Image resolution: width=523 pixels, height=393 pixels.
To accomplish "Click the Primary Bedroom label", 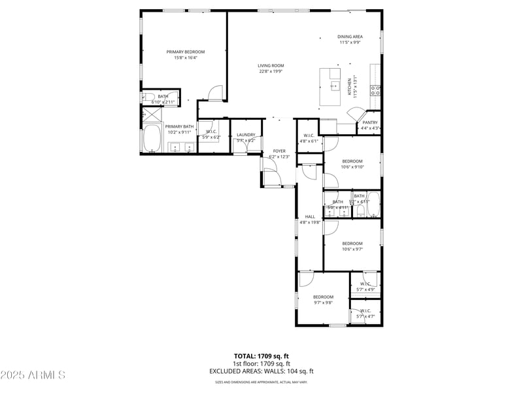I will [186, 52].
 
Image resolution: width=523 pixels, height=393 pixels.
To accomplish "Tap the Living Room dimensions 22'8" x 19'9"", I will [271, 71].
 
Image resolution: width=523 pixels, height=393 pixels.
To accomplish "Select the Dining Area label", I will [350, 37].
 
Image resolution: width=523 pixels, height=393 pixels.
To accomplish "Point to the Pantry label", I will [370, 122].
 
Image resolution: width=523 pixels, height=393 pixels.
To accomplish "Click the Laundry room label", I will [246, 135].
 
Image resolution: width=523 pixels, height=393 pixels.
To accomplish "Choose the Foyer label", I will [279, 151].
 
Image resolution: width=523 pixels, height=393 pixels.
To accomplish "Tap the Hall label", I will [310, 217].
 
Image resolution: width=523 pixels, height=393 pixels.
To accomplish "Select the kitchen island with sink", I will [332, 86].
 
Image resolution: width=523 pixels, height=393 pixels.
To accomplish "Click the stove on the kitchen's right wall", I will [376, 90].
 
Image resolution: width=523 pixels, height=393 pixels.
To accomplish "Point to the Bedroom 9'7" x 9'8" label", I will [323, 297].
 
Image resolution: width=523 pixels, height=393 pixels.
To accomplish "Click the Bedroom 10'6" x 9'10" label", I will [352, 161].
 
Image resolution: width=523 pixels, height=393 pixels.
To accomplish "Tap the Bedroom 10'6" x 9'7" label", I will [352, 243].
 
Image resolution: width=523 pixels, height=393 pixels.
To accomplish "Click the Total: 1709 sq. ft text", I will [261, 356].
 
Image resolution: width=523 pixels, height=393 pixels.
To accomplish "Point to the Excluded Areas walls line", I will [261, 371].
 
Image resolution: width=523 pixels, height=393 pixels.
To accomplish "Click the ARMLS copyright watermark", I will [33, 375].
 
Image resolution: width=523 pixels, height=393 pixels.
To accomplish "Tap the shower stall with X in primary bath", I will [151, 114].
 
